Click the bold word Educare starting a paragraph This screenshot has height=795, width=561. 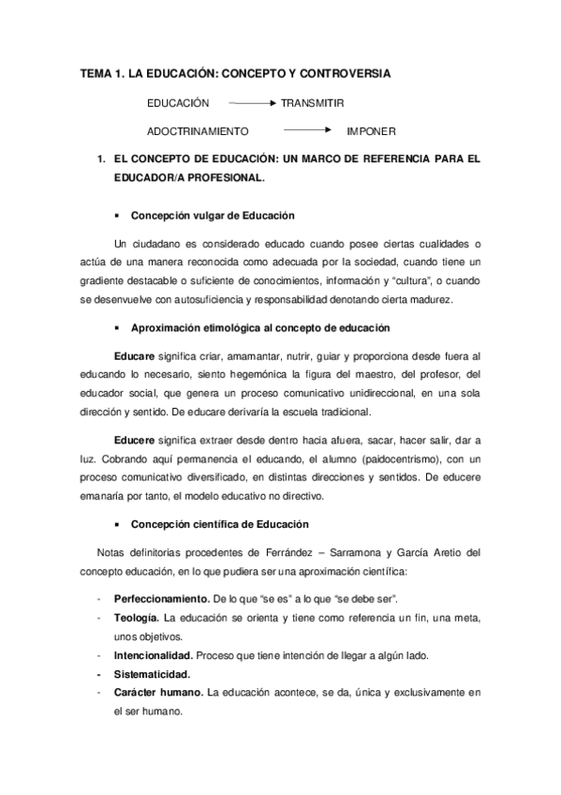(x=133, y=357)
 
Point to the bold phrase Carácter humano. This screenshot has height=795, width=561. (x=155, y=693)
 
